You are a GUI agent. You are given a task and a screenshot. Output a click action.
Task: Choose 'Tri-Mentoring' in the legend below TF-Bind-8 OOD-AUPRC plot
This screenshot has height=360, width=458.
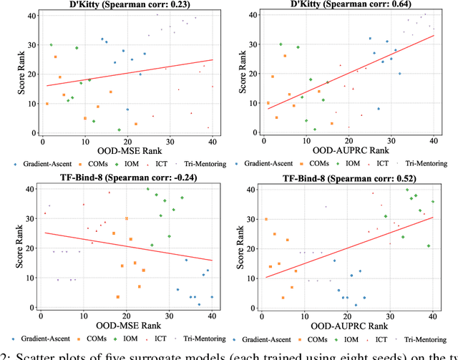click(x=430, y=338)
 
